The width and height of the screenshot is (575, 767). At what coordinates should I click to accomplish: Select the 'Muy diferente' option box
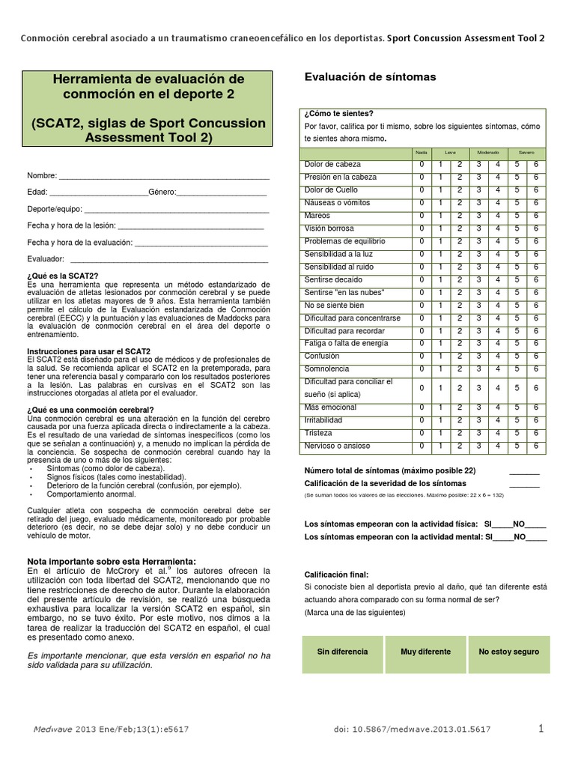coord(425,652)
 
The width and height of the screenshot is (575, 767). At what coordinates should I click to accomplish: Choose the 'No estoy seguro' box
coord(508,652)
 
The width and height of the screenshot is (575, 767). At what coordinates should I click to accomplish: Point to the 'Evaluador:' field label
coord(45,258)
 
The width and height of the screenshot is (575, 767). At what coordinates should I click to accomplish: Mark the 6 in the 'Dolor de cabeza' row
coord(536,165)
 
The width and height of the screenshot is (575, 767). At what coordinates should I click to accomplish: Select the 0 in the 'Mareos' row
coord(422,216)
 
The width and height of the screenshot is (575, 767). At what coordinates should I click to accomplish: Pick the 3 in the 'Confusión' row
coord(478,357)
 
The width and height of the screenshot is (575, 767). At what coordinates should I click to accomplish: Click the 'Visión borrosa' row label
coord(329,228)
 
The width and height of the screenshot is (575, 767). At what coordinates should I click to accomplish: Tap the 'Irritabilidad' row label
coord(323,421)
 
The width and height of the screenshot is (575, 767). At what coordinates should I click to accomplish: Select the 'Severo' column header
coord(526,152)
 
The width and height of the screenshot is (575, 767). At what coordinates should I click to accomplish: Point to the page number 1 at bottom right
coord(541,728)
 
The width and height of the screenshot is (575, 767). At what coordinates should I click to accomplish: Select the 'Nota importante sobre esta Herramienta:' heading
coord(112,561)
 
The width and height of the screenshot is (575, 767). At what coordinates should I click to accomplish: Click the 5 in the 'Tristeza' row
coord(517,434)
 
